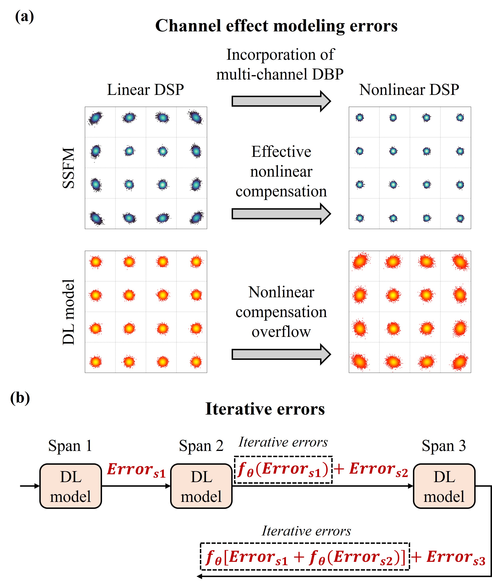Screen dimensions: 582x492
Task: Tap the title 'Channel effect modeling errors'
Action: click(x=276, y=26)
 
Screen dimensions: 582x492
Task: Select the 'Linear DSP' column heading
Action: click(x=145, y=90)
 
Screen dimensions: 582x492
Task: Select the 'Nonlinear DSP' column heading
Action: click(x=409, y=90)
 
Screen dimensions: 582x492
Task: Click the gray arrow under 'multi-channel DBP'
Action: click(x=281, y=101)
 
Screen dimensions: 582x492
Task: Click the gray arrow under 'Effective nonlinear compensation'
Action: click(x=281, y=214)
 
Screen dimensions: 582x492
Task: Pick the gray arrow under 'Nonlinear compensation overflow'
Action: click(x=281, y=354)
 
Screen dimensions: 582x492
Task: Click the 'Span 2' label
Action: click(x=201, y=446)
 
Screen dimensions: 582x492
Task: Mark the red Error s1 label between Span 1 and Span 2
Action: click(x=136, y=470)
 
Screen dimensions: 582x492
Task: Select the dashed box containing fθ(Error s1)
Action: click(x=283, y=470)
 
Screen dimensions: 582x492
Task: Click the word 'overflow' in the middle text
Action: click(x=281, y=332)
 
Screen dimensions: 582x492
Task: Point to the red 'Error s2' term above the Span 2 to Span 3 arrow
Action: click(x=378, y=469)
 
